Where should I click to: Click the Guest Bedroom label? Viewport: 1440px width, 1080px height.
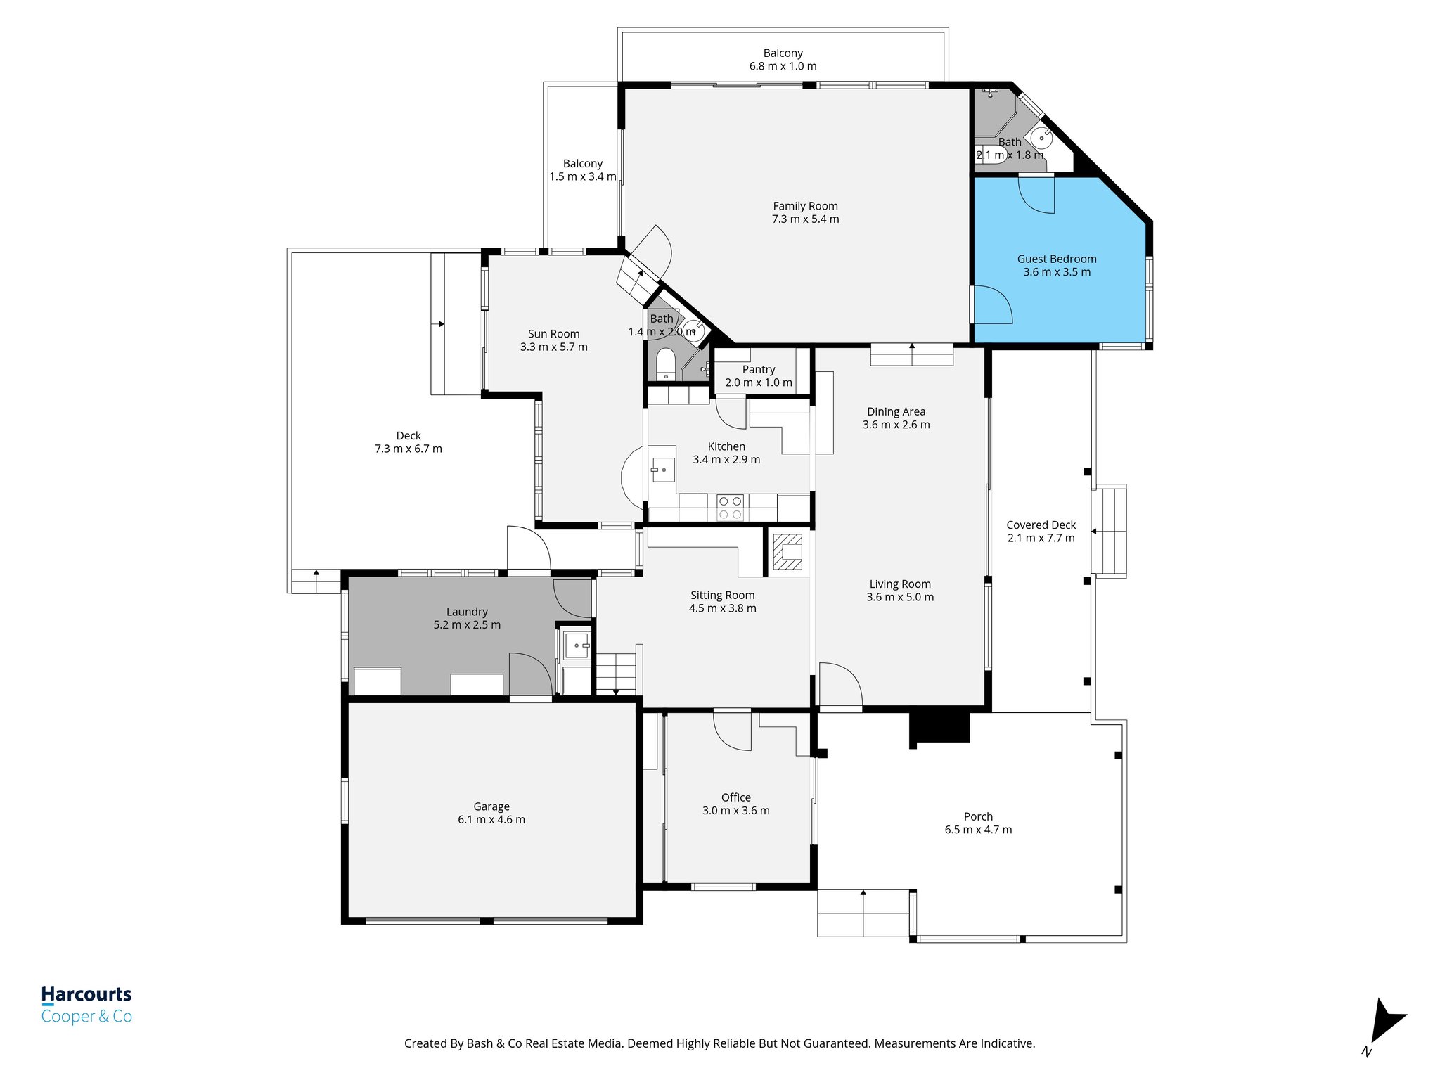[1056, 259]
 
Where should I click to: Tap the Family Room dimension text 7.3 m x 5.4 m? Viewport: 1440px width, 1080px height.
[805, 219]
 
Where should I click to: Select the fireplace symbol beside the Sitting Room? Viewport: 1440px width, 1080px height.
[787, 552]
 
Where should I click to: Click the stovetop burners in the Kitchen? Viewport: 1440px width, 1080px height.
[730, 508]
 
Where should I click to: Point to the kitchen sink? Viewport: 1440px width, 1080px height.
[662, 469]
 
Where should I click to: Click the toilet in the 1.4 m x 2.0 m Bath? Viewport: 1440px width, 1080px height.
[665, 365]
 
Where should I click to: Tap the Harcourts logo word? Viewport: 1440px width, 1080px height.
[86, 994]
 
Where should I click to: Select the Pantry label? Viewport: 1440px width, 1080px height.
[758, 370]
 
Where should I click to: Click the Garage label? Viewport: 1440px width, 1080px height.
[491, 806]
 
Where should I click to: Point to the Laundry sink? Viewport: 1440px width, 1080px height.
[577, 645]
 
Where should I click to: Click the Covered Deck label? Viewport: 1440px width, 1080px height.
[1041, 525]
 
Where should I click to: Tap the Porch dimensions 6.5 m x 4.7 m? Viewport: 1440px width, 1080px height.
[978, 830]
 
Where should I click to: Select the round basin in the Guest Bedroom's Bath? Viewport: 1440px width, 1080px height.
[1041, 138]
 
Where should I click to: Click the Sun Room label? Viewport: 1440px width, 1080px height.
[553, 334]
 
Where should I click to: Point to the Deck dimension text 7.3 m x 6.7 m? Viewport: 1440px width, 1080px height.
[408, 449]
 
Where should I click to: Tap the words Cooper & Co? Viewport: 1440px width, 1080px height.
[86, 1017]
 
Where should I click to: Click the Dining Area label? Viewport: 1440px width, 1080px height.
[896, 412]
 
